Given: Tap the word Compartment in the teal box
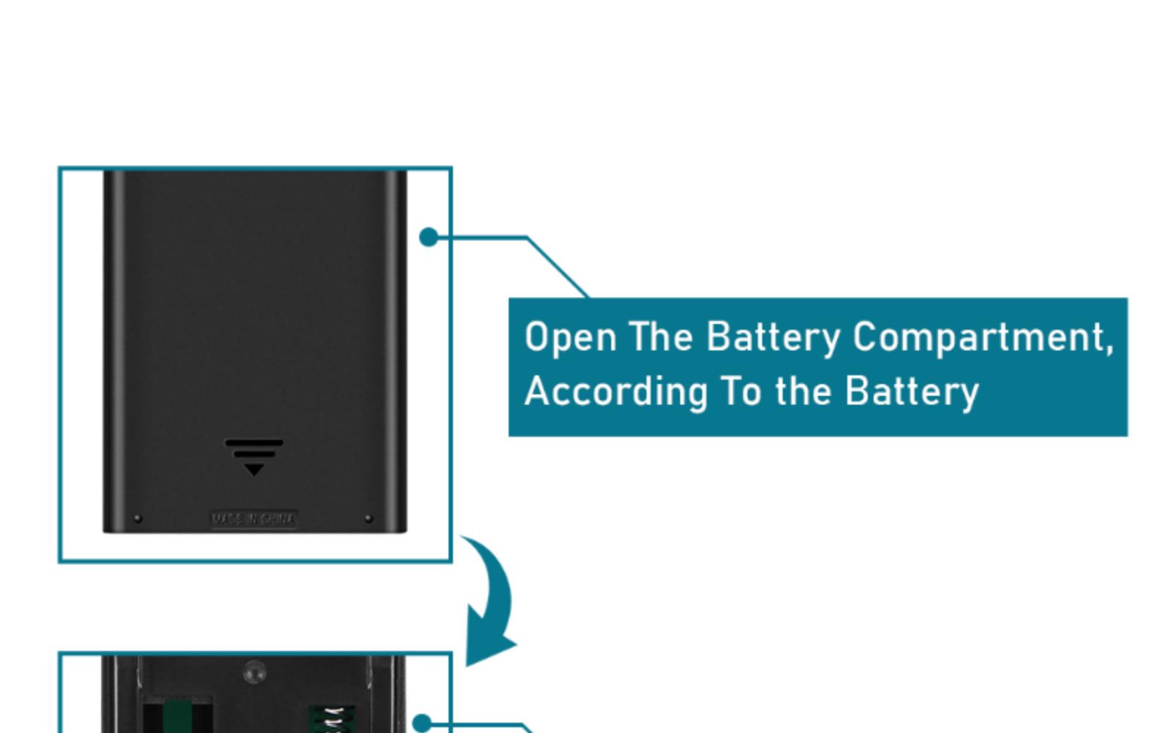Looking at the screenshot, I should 982,338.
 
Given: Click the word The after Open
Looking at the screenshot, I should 660,336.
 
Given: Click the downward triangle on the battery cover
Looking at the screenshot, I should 254,469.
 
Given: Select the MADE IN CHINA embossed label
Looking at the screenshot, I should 254,519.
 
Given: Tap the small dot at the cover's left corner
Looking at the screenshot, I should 138,518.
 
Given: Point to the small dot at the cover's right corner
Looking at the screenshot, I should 369,518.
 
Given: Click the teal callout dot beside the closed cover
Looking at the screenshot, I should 429,237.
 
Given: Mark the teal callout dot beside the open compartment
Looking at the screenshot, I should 421,723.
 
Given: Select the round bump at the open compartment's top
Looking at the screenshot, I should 254,671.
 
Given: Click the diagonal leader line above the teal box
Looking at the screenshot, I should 557,267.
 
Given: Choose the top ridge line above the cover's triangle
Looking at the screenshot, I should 254,442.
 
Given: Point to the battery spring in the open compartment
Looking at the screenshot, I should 331,718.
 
